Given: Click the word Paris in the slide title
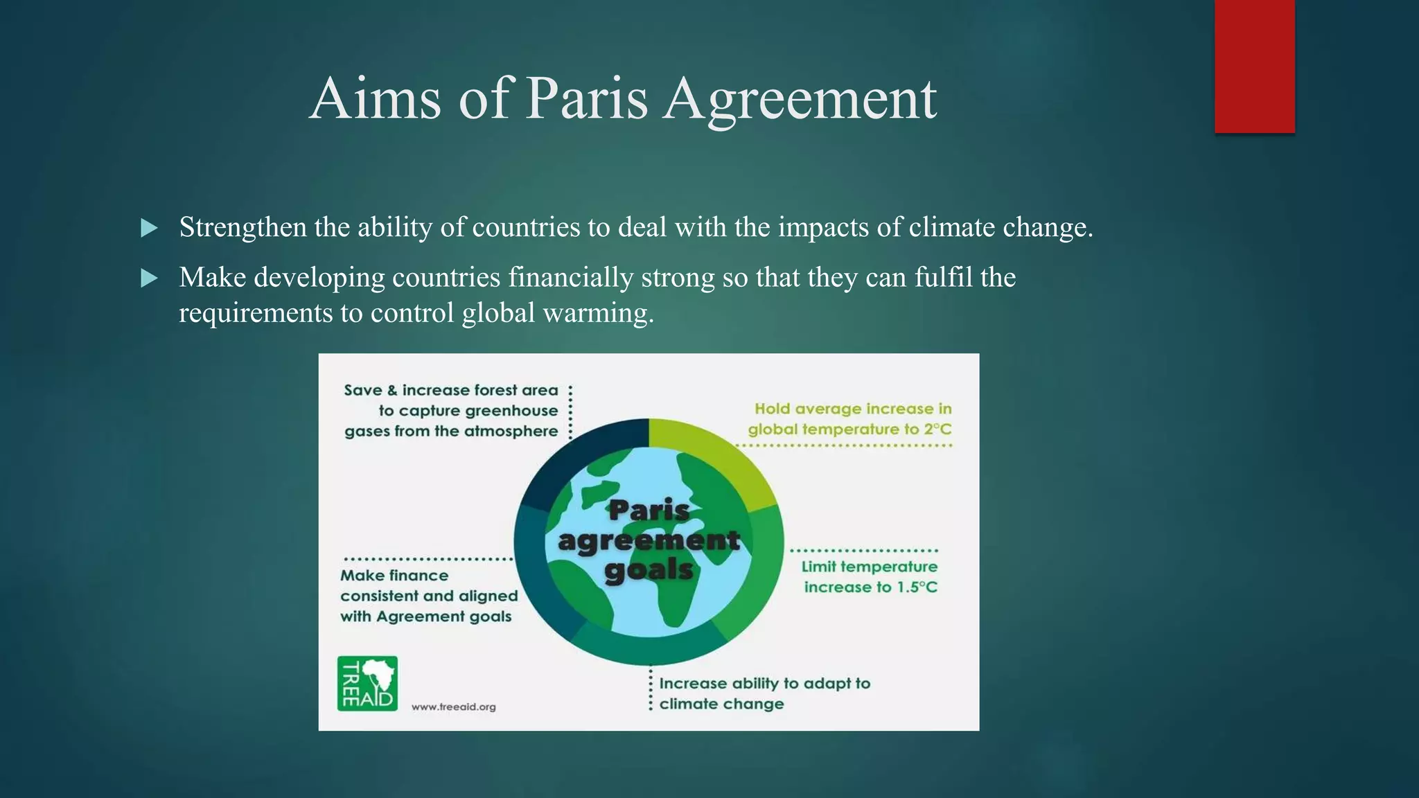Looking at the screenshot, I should pos(586,98).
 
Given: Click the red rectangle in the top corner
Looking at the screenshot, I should pos(1254,66).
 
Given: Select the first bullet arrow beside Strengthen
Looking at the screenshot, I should pos(149,228).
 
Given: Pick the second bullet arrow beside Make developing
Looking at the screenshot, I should pos(149,278).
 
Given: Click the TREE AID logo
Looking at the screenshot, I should pos(367,683).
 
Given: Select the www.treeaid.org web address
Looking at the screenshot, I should pos(454,707).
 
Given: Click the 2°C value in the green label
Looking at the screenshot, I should pos(937,429).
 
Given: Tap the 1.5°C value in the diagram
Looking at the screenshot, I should pos(917,587).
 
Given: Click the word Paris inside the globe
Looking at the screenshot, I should pos(649,511).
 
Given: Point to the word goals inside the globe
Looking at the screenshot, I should pos(649,570).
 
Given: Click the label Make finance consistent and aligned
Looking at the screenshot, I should pos(428,596).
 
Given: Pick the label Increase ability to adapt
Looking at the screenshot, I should pos(764,693).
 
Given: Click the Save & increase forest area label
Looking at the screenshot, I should pos(452,410).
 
